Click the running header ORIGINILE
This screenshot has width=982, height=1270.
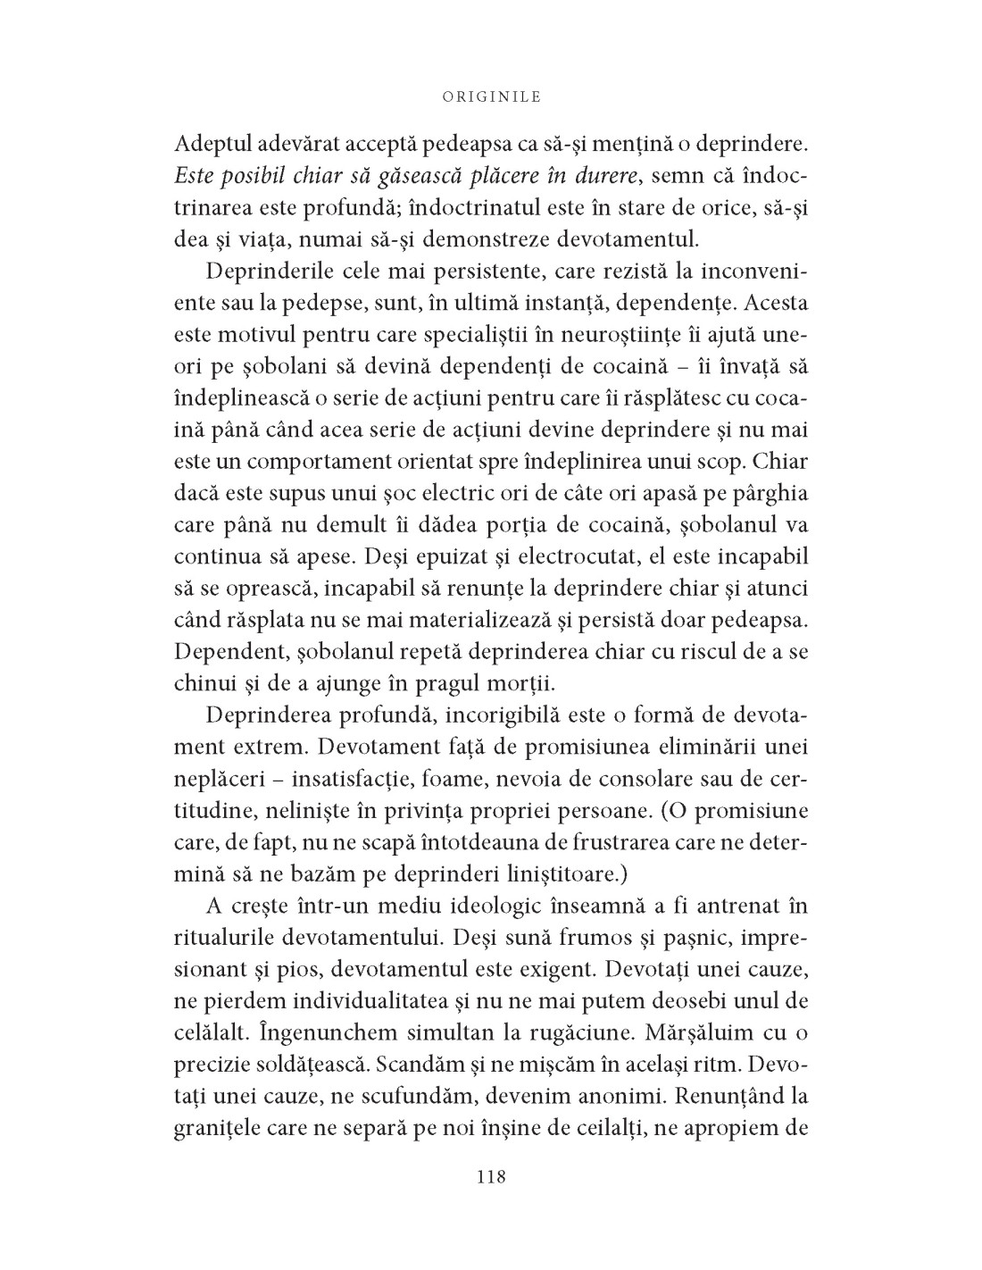coord(491,97)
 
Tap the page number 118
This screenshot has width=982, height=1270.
coord(491,1177)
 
